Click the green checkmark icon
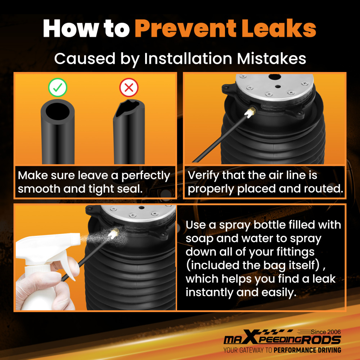pos(58,87)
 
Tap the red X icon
pos(129,87)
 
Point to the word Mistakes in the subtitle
pos(271,59)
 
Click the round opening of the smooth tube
pos(58,111)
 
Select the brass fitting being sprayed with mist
pos(114,233)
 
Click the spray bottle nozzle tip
pos(78,238)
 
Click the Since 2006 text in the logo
pos(326,332)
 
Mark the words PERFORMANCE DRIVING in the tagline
pos(307,350)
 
